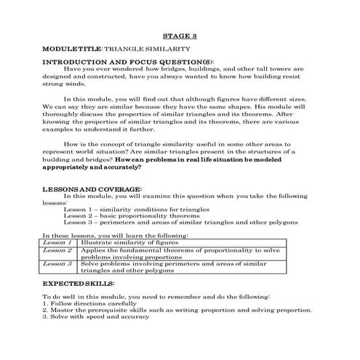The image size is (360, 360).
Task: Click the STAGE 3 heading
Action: (179, 36)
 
